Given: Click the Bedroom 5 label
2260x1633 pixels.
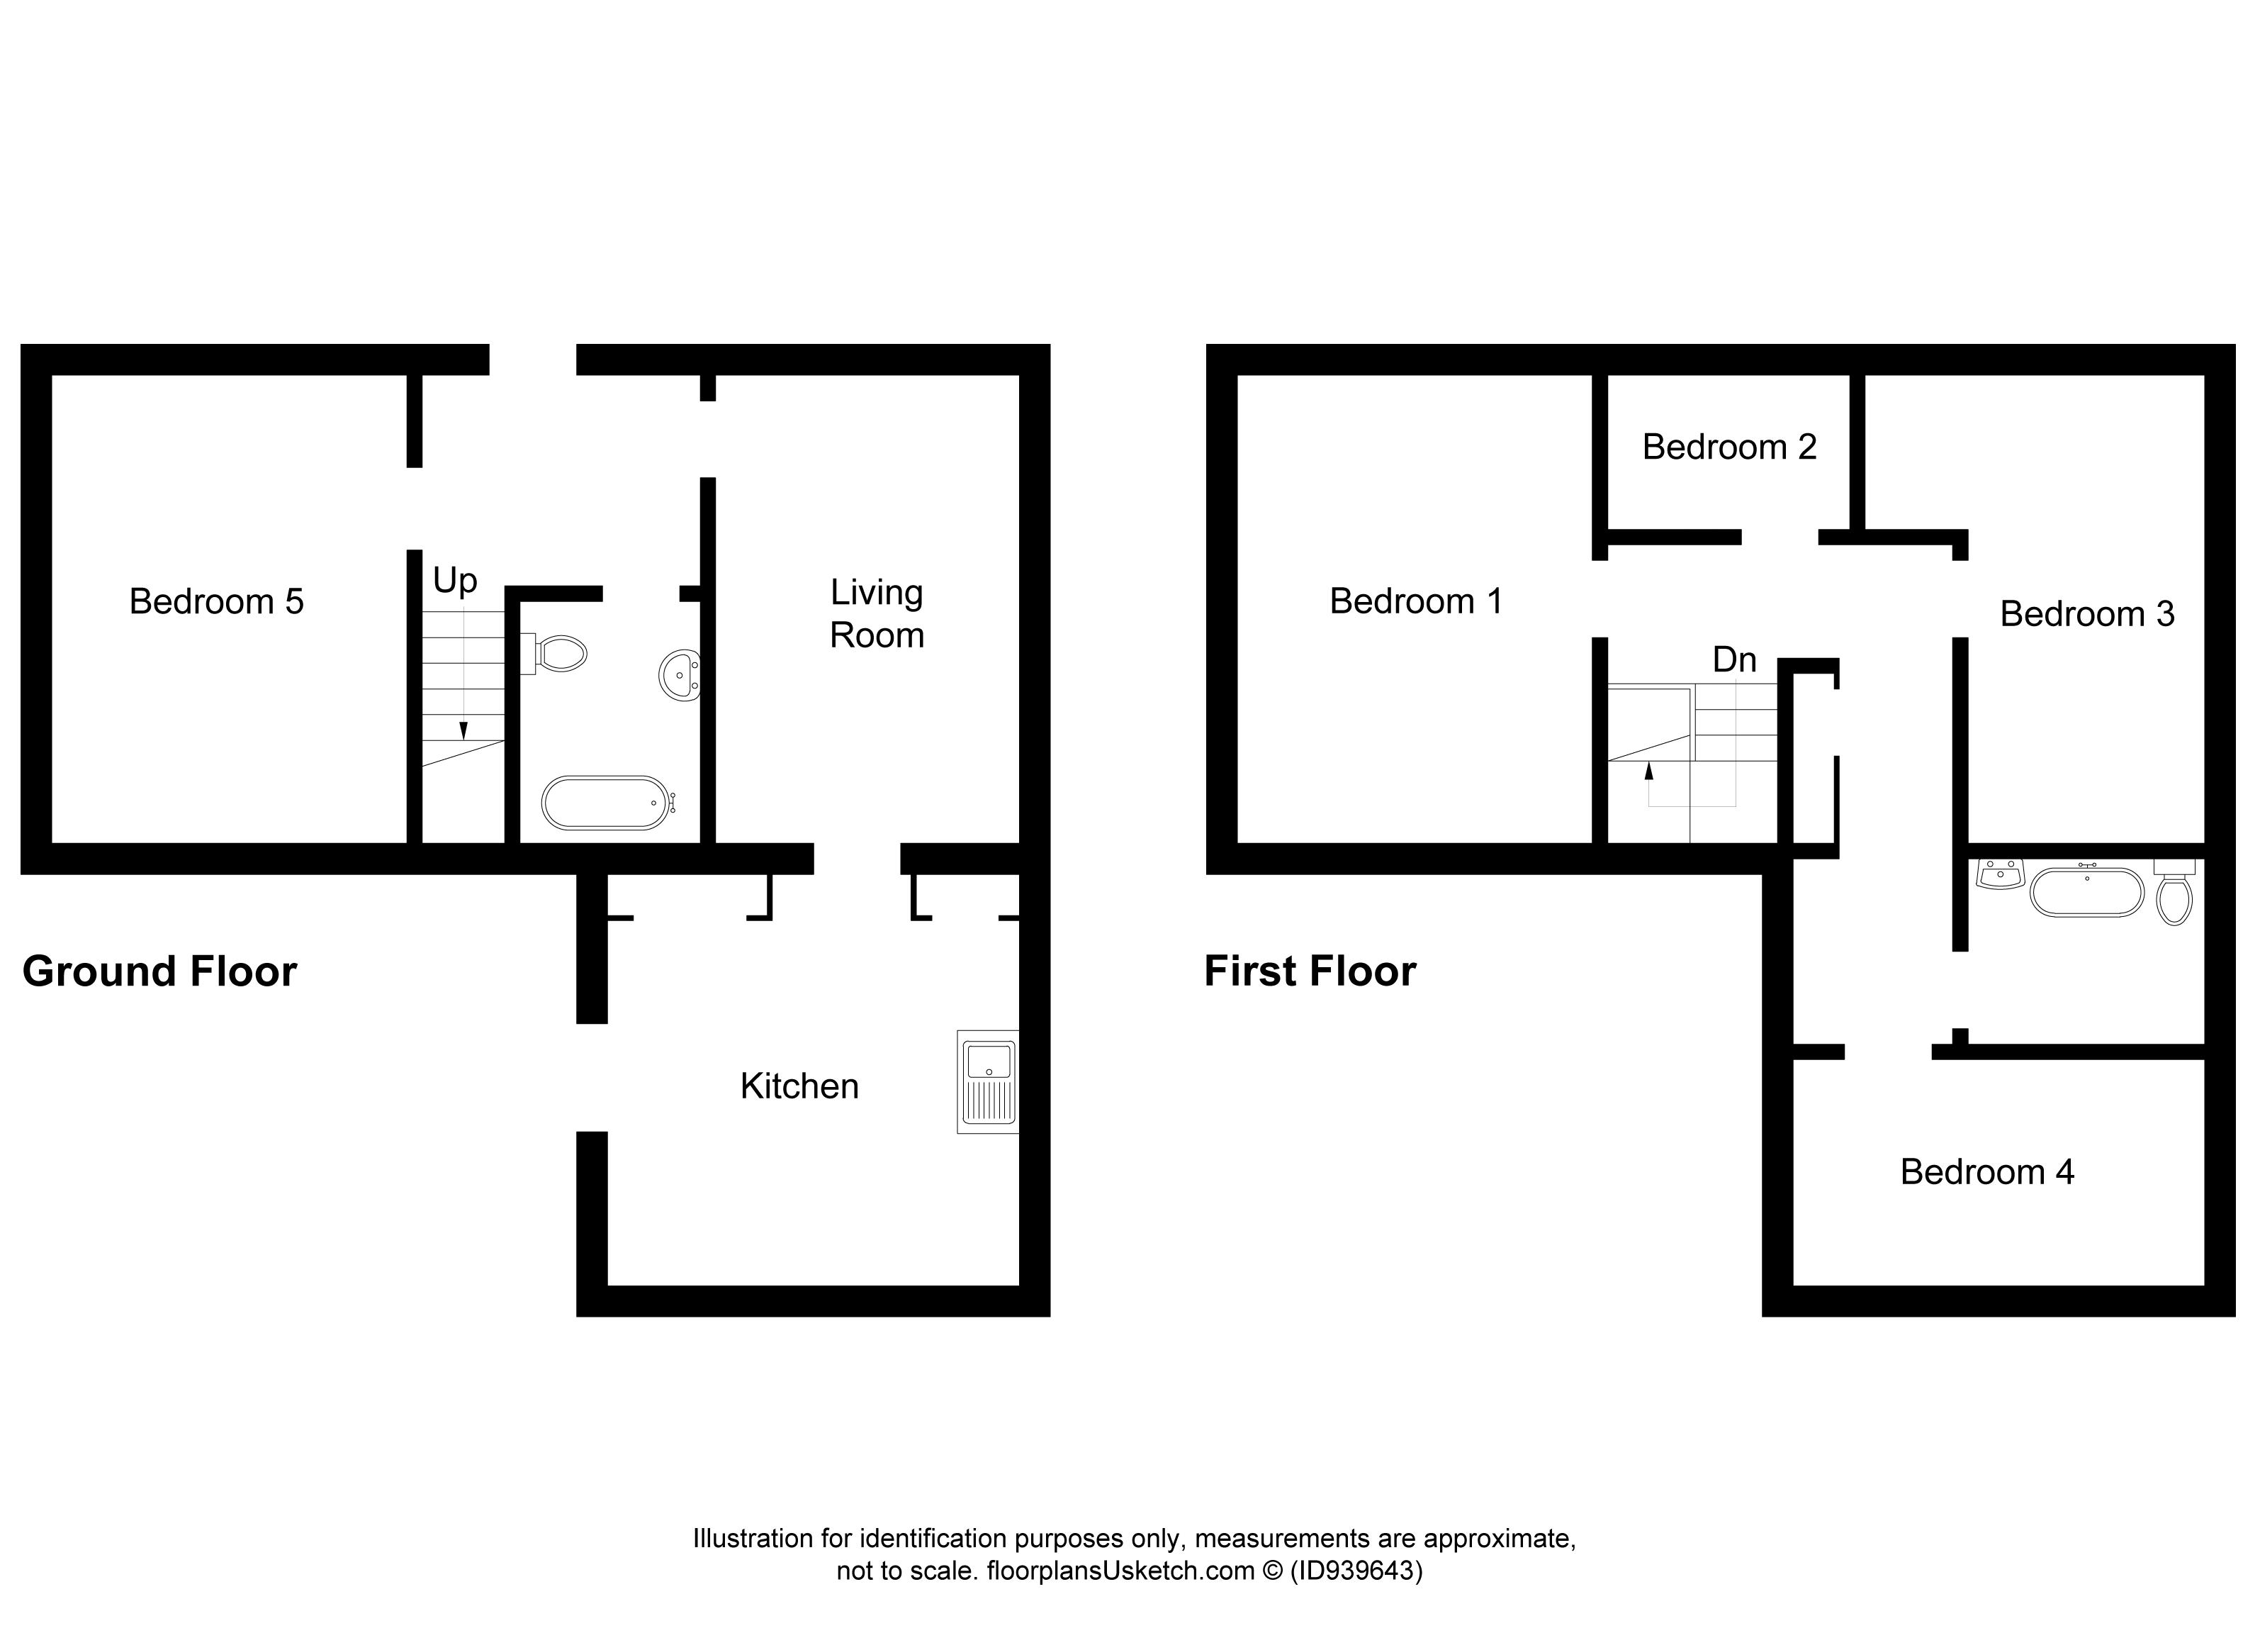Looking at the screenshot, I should coord(216,602).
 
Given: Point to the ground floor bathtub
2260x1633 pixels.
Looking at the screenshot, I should coord(606,803).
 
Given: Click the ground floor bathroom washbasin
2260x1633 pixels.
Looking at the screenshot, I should coord(680,676).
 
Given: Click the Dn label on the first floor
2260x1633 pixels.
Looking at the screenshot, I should coord(1734,660).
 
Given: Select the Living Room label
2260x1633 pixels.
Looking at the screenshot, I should coord(877,614).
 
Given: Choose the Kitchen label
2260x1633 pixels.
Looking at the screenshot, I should coord(799,1087).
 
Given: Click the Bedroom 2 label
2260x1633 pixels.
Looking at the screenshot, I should coord(1729,447).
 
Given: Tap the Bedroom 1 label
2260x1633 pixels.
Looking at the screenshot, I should coord(1415,601).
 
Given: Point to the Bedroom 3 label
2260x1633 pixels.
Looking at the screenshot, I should coord(2086,614).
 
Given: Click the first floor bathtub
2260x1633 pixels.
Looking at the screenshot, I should coord(2086,892).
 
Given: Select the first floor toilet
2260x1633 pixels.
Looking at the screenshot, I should coord(2174,896).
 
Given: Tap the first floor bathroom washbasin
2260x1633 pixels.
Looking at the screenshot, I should coord(2000,874).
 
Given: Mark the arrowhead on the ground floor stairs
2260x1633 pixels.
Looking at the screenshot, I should coord(463,731).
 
